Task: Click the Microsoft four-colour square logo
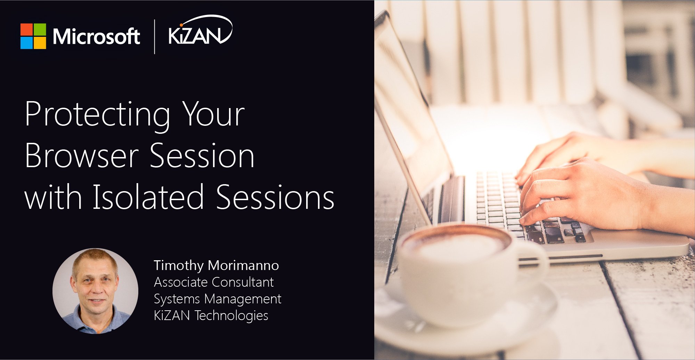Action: click(33, 36)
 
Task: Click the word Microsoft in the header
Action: click(96, 36)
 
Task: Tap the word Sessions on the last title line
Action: click(275, 197)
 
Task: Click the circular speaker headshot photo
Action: click(95, 291)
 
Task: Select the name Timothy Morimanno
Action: click(216, 266)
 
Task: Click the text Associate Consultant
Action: click(214, 282)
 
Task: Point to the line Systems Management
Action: click(218, 299)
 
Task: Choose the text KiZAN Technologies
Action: click(211, 316)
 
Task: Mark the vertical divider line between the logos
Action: click(154, 37)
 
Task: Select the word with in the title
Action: click(53, 197)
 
